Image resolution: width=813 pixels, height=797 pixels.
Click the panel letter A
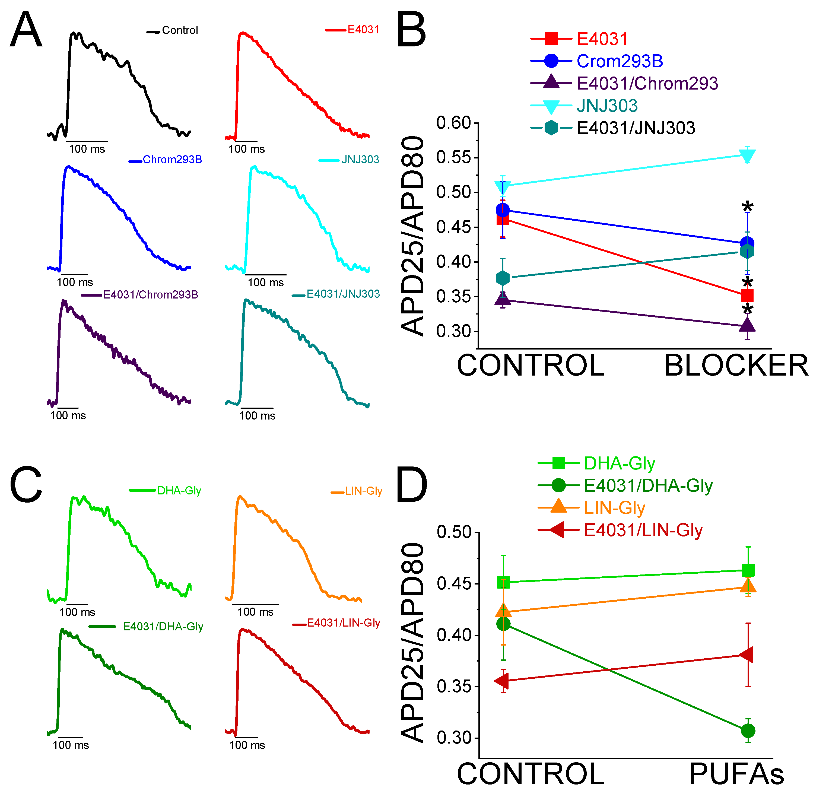pyautogui.click(x=26, y=30)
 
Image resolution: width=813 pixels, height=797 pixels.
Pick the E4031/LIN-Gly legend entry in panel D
pyautogui.click(x=643, y=530)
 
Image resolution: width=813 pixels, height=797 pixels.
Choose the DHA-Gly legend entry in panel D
pyautogui.click(x=619, y=463)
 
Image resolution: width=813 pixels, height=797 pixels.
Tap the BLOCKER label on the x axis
pyautogui.click(x=736, y=366)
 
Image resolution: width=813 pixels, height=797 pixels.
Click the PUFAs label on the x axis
pyautogui.click(x=736, y=774)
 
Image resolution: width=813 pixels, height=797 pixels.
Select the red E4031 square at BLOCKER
pyautogui.click(x=747, y=296)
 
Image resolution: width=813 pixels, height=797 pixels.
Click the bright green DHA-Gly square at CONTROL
pyautogui.click(x=503, y=582)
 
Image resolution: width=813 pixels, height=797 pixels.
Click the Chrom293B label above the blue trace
pyautogui.click(x=172, y=160)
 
